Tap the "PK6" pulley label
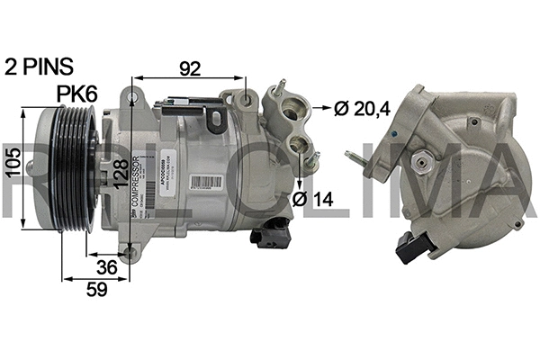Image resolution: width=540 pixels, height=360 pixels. pyautogui.click(x=77, y=94)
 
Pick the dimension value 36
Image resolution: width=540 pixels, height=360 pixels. pyautogui.click(x=106, y=267)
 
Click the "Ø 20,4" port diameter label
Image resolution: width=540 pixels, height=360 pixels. pyautogui.click(x=365, y=110)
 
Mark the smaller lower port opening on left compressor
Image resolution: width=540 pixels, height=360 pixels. pyautogui.click(x=299, y=145)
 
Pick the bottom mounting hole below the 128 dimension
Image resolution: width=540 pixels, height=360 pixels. pyautogui.click(x=132, y=253)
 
